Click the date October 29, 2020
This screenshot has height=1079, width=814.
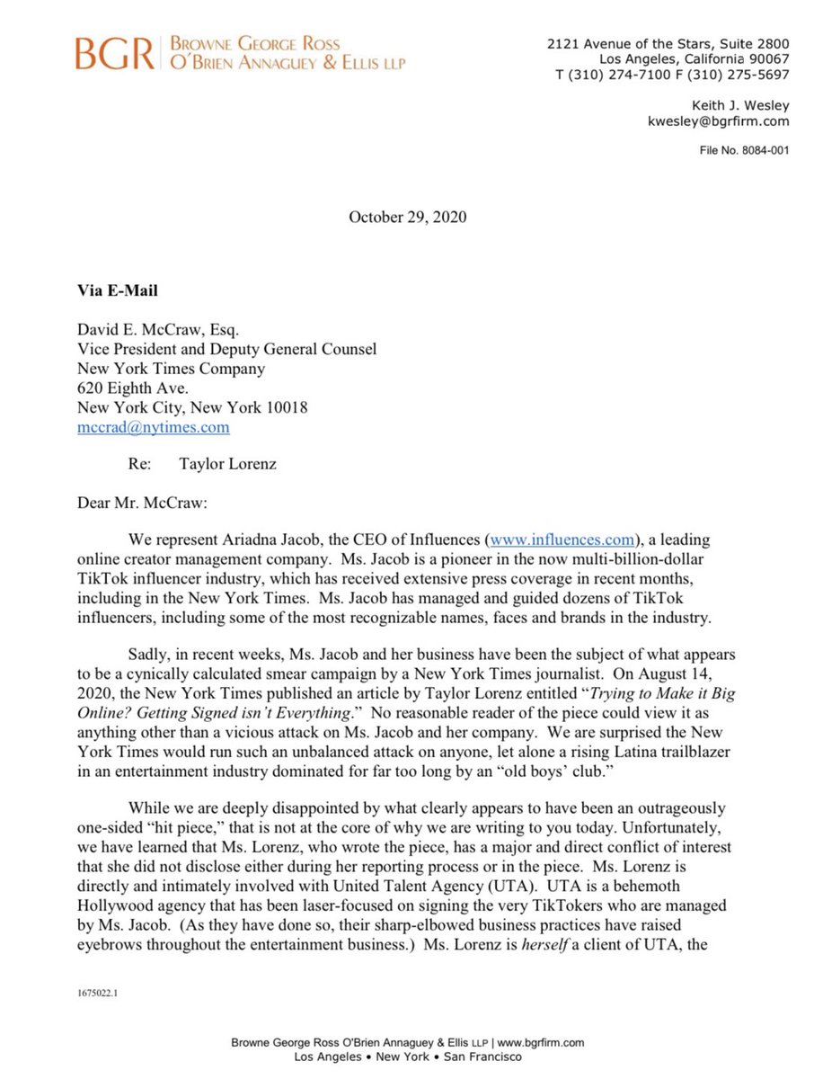coord(407,217)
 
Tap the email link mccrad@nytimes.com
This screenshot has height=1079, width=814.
coord(153,427)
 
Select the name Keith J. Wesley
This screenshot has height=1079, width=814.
coord(739,106)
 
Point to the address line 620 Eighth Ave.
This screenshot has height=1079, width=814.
coord(134,388)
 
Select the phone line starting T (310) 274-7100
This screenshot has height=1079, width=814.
coord(671,75)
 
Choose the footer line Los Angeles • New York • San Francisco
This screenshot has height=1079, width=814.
coord(407,1057)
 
